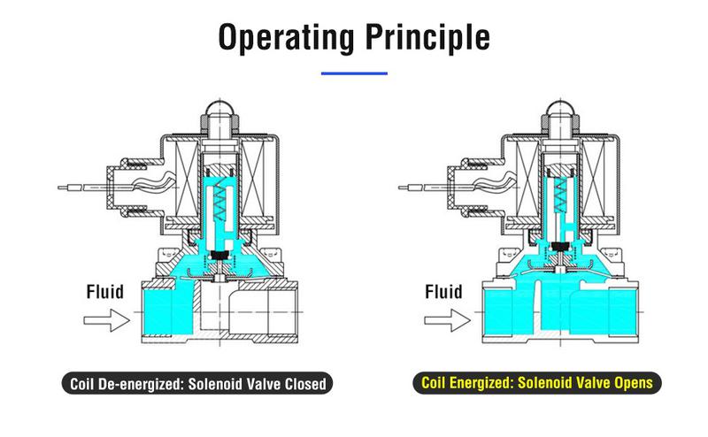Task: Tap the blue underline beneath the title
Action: [354, 73]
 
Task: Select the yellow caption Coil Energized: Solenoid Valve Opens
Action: [536, 384]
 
